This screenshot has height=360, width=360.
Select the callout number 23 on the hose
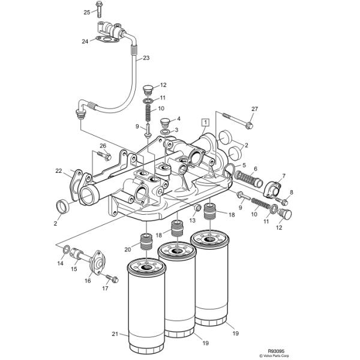pos(146,58)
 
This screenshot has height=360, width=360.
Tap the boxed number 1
pos(205,122)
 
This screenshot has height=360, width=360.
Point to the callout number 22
pos(59,171)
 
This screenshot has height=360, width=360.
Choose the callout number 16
pos(88,280)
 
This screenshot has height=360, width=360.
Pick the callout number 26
pos(103,145)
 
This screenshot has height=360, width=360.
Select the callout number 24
pos(85,41)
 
